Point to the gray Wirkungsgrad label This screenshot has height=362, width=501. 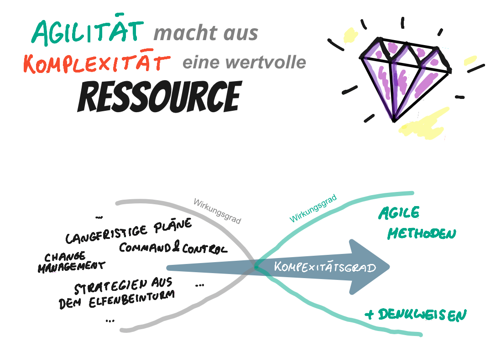[x=217, y=210]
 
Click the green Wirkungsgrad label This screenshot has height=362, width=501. [x=313, y=208]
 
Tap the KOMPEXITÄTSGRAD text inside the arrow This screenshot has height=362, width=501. [x=324, y=267]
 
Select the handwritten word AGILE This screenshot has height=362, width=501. [x=399, y=212]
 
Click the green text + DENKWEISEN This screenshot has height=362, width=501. [x=415, y=315]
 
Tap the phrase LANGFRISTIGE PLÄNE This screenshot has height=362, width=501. [x=129, y=232]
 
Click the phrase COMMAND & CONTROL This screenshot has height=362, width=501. [x=173, y=248]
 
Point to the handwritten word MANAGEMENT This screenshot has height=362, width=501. [x=71, y=266]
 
